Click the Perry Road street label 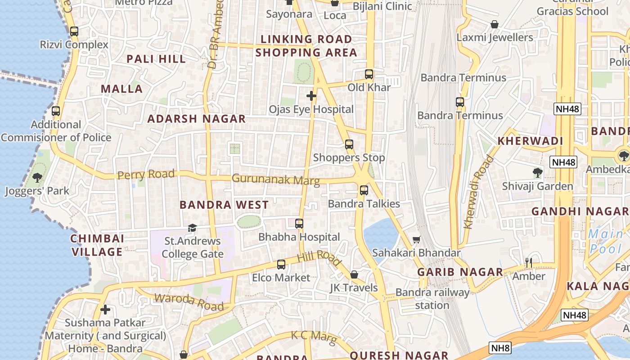point(146,174)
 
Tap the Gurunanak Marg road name point(275,180)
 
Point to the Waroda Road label point(189,301)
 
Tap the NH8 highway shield point(500,348)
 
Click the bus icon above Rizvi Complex point(74,31)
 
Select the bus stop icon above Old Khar point(369,74)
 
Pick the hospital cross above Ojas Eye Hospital point(311,96)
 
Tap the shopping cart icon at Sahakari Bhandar point(417,240)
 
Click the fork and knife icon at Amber point(529,262)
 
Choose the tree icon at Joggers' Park point(37,178)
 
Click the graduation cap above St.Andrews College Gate point(192,228)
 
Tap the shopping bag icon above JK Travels point(354,274)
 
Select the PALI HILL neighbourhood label point(156,59)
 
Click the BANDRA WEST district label point(224,205)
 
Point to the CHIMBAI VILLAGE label point(98,245)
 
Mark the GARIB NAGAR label point(460,272)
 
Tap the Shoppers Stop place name point(349,157)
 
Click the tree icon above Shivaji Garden point(537,172)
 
